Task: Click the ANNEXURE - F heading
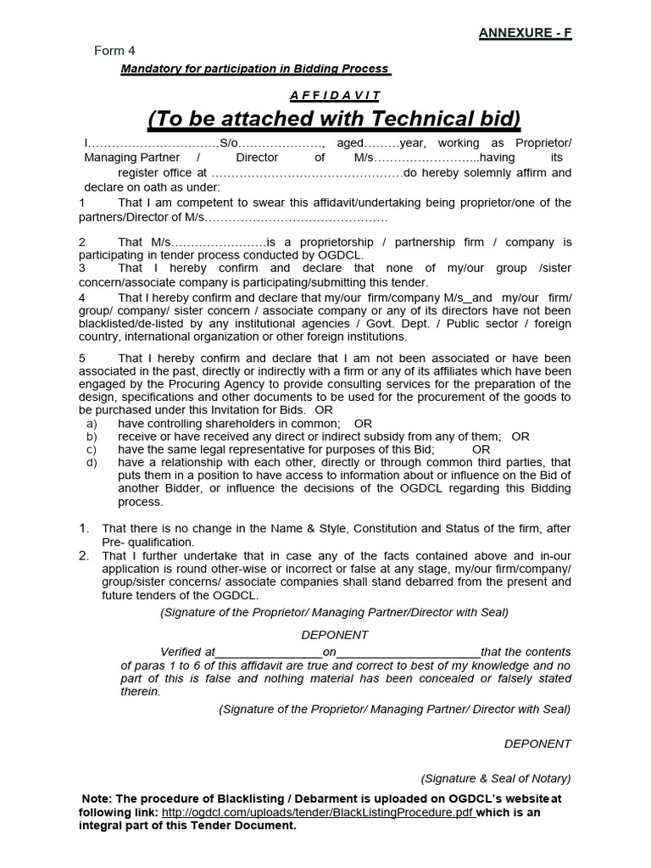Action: (x=526, y=33)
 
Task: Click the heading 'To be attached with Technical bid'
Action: (x=335, y=117)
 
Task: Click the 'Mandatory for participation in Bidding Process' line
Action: (x=254, y=69)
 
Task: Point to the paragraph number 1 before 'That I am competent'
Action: (x=82, y=203)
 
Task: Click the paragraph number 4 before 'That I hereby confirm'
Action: (x=82, y=298)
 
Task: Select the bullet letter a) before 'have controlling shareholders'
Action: (x=92, y=423)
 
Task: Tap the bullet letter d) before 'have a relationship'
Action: (x=92, y=463)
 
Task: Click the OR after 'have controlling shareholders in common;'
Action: (x=363, y=423)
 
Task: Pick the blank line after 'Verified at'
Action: (x=269, y=652)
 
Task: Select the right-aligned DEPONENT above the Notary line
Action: (x=537, y=743)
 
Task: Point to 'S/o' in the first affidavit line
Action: (x=230, y=143)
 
